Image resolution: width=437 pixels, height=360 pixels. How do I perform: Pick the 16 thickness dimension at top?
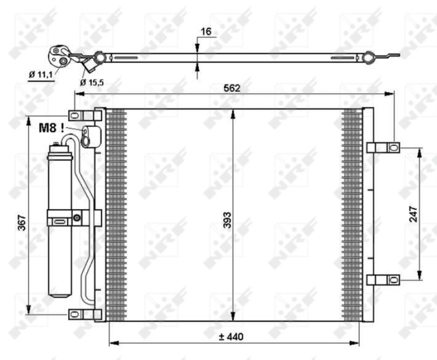pyautogui.click(x=205, y=32)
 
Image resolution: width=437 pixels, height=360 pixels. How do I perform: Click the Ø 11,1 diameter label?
pyautogui.click(x=41, y=74)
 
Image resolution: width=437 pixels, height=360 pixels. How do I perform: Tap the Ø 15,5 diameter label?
pyautogui.click(x=91, y=82)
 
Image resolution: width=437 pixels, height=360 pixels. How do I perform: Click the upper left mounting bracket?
pyautogui.click(x=78, y=115)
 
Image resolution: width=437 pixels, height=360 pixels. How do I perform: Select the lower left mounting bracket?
pyautogui.click(x=78, y=314)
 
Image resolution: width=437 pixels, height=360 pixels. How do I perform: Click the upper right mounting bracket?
pyautogui.click(x=383, y=147)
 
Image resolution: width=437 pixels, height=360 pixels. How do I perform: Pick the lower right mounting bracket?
pyautogui.click(x=383, y=280)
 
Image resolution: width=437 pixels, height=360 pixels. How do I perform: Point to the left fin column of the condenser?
pyautogui.click(x=116, y=214)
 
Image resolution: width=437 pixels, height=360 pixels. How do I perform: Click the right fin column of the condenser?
pyautogui.click(x=352, y=214)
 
